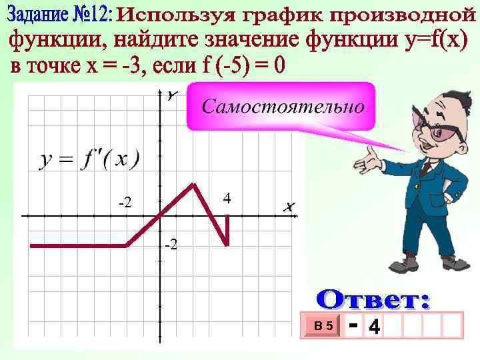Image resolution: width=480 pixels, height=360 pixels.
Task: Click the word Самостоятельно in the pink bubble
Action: click(x=283, y=106)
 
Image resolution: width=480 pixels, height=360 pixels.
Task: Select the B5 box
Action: click(x=325, y=326)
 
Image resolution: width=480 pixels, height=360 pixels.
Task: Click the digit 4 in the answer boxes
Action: click(x=375, y=327)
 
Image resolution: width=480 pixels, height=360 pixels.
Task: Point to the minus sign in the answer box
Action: click(x=354, y=325)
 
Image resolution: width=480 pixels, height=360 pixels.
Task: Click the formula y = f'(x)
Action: click(x=89, y=159)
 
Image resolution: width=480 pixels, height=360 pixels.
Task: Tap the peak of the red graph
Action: click(x=193, y=184)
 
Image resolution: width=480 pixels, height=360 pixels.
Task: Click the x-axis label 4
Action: click(x=227, y=198)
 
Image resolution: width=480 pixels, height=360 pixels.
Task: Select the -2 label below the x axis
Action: click(x=171, y=246)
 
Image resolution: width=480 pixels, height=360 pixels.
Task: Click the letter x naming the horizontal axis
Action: click(x=288, y=207)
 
